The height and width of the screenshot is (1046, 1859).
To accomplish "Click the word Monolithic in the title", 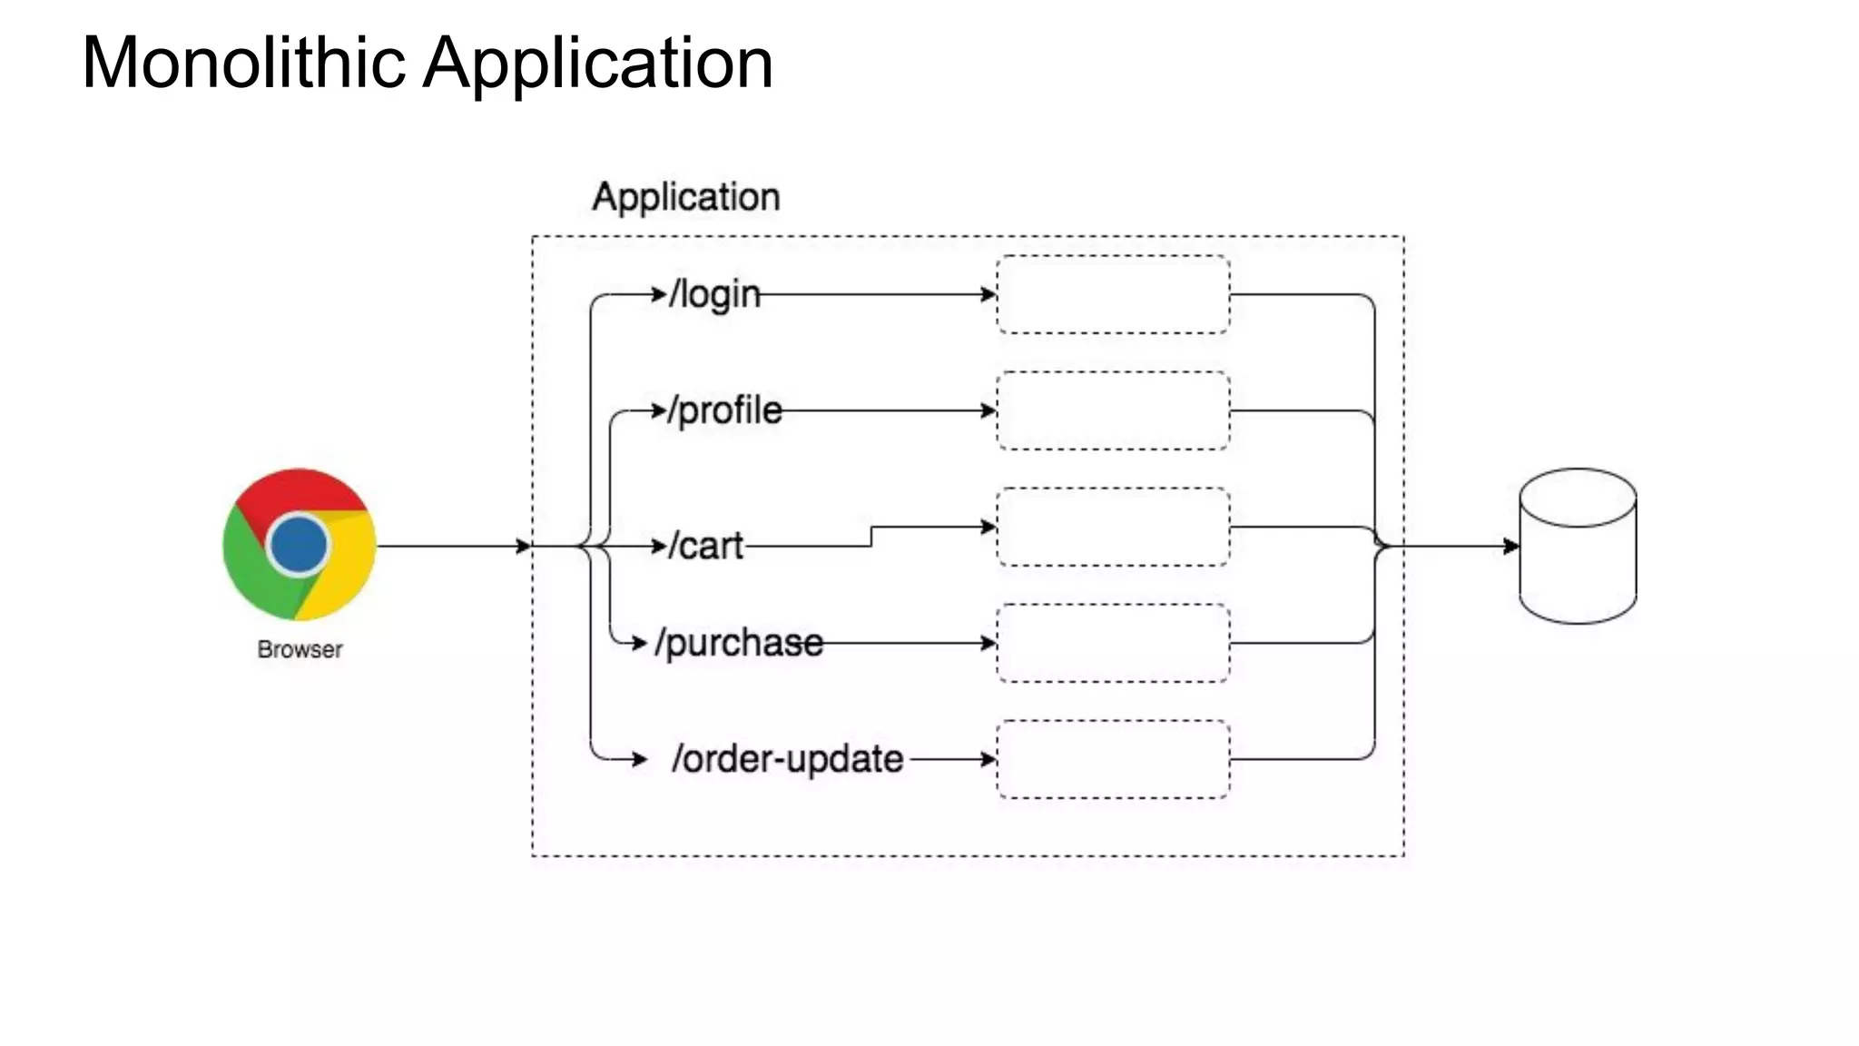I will click(x=243, y=64).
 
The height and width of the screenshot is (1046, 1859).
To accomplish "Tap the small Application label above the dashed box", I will click(x=685, y=197).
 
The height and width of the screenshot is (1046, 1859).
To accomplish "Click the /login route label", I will click(x=715, y=294).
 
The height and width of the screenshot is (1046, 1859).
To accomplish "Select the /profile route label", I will click(x=725, y=410).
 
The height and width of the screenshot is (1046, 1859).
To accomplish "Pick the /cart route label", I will click(x=706, y=546).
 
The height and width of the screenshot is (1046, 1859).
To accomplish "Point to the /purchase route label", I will click(x=740, y=643).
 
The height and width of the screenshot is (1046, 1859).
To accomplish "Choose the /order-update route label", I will click(x=787, y=759).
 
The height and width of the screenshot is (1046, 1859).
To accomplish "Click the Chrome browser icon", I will click(x=300, y=545).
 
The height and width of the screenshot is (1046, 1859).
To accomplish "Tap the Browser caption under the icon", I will click(x=300, y=650).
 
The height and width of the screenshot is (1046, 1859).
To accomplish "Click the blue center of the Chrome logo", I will click(x=299, y=545).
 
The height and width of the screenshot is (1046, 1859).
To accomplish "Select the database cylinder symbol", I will click(x=1578, y=547).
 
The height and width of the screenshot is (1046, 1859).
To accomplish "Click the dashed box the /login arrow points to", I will click(x=1113, y=294).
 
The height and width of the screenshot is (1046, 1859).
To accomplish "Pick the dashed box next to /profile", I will click(x=1113, y=410).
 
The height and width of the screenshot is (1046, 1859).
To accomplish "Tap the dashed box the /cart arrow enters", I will click(x=1113, y=527).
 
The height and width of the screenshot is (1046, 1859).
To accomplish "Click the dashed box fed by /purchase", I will click(x=1113, y=643).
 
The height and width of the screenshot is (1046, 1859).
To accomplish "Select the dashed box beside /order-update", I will click(x=1113, y=759).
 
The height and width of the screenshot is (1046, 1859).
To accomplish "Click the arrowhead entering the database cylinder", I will click(x=1511, y=546).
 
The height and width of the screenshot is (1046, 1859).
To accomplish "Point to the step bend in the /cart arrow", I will click(x=871, y=536).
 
